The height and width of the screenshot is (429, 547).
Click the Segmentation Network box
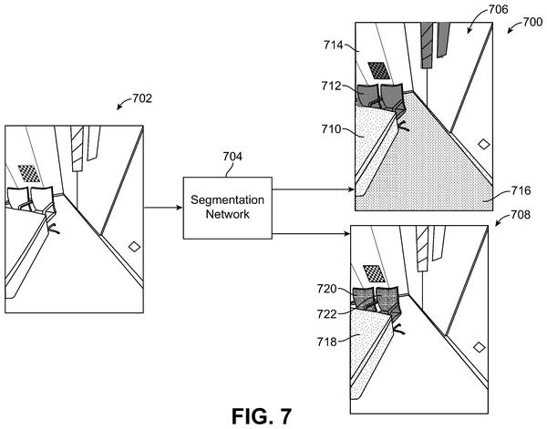pos(227,208)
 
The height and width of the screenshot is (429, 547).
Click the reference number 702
pos(142,98)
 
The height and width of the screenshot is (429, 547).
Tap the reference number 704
pos(232,157)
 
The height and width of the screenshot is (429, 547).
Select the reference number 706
pos(498,9)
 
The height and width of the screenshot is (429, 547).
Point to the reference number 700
pos(532,22)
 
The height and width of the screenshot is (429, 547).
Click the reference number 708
pos(521,215)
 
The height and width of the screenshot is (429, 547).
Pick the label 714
pos(334,45)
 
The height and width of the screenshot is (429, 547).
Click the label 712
pos(332,86)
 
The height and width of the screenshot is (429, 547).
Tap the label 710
pos(332,129)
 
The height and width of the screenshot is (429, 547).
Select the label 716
pos(521,190)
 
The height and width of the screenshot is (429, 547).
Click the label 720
pos(327,289)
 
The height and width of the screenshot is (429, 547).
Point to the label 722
pos(327,314)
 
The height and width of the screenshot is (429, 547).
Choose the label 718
pos(327,342)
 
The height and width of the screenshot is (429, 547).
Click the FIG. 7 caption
pos(262,416)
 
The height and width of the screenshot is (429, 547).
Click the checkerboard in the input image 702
pos(29,173)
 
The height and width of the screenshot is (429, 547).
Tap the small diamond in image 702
pos(134,247)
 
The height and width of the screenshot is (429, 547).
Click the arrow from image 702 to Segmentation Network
pos(163,208)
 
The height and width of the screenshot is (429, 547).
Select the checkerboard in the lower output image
pos(375,273)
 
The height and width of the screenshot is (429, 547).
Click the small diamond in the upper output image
pos(483,144)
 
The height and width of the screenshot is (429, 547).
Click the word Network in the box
pos(227,214)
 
